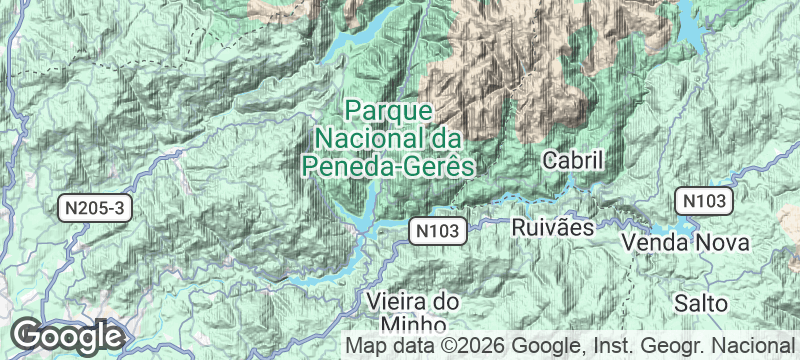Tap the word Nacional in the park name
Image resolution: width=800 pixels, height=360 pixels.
pyautogui.click(x=365, y=136)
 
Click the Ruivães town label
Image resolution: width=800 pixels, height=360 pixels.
pyautogui.click(x=552, y=227)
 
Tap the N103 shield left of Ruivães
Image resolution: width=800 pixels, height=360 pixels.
pyautogui.click(x=437, y=232)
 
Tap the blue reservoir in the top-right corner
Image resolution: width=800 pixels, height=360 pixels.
pyautogui.click(x=691, y=26)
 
